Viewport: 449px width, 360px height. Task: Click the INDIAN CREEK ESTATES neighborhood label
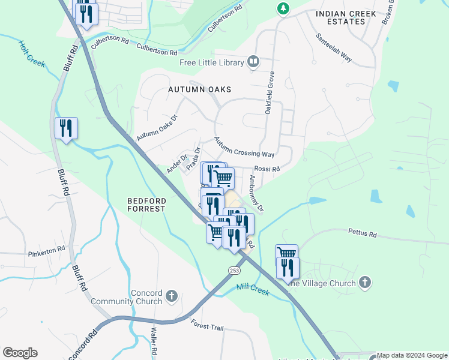pyautogui.click(x=345, y=17)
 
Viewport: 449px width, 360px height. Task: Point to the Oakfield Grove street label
pyautogui.click(x=270, y=93)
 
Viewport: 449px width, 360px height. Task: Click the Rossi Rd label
pyautogui.click(x=267, y=170)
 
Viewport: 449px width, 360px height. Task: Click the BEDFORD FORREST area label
pyautogui.click(x=146, y=205)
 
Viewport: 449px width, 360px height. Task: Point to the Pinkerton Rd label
pyautogui.click(x=46, y=252)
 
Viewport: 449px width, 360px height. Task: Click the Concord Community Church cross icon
pyautogui.click(x=172, y=296)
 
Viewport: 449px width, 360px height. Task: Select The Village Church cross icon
pyautogui.click(x=364, y=282)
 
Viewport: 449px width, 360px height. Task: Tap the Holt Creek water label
pyautogui.click(x=32, y=54)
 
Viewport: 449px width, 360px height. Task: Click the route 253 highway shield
pyautogui.click(x=234, y=271)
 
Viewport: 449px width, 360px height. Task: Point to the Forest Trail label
pyautogui.click(x=207, y=326)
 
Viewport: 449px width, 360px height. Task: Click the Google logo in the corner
pyautogui.click(x=20, y=353)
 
